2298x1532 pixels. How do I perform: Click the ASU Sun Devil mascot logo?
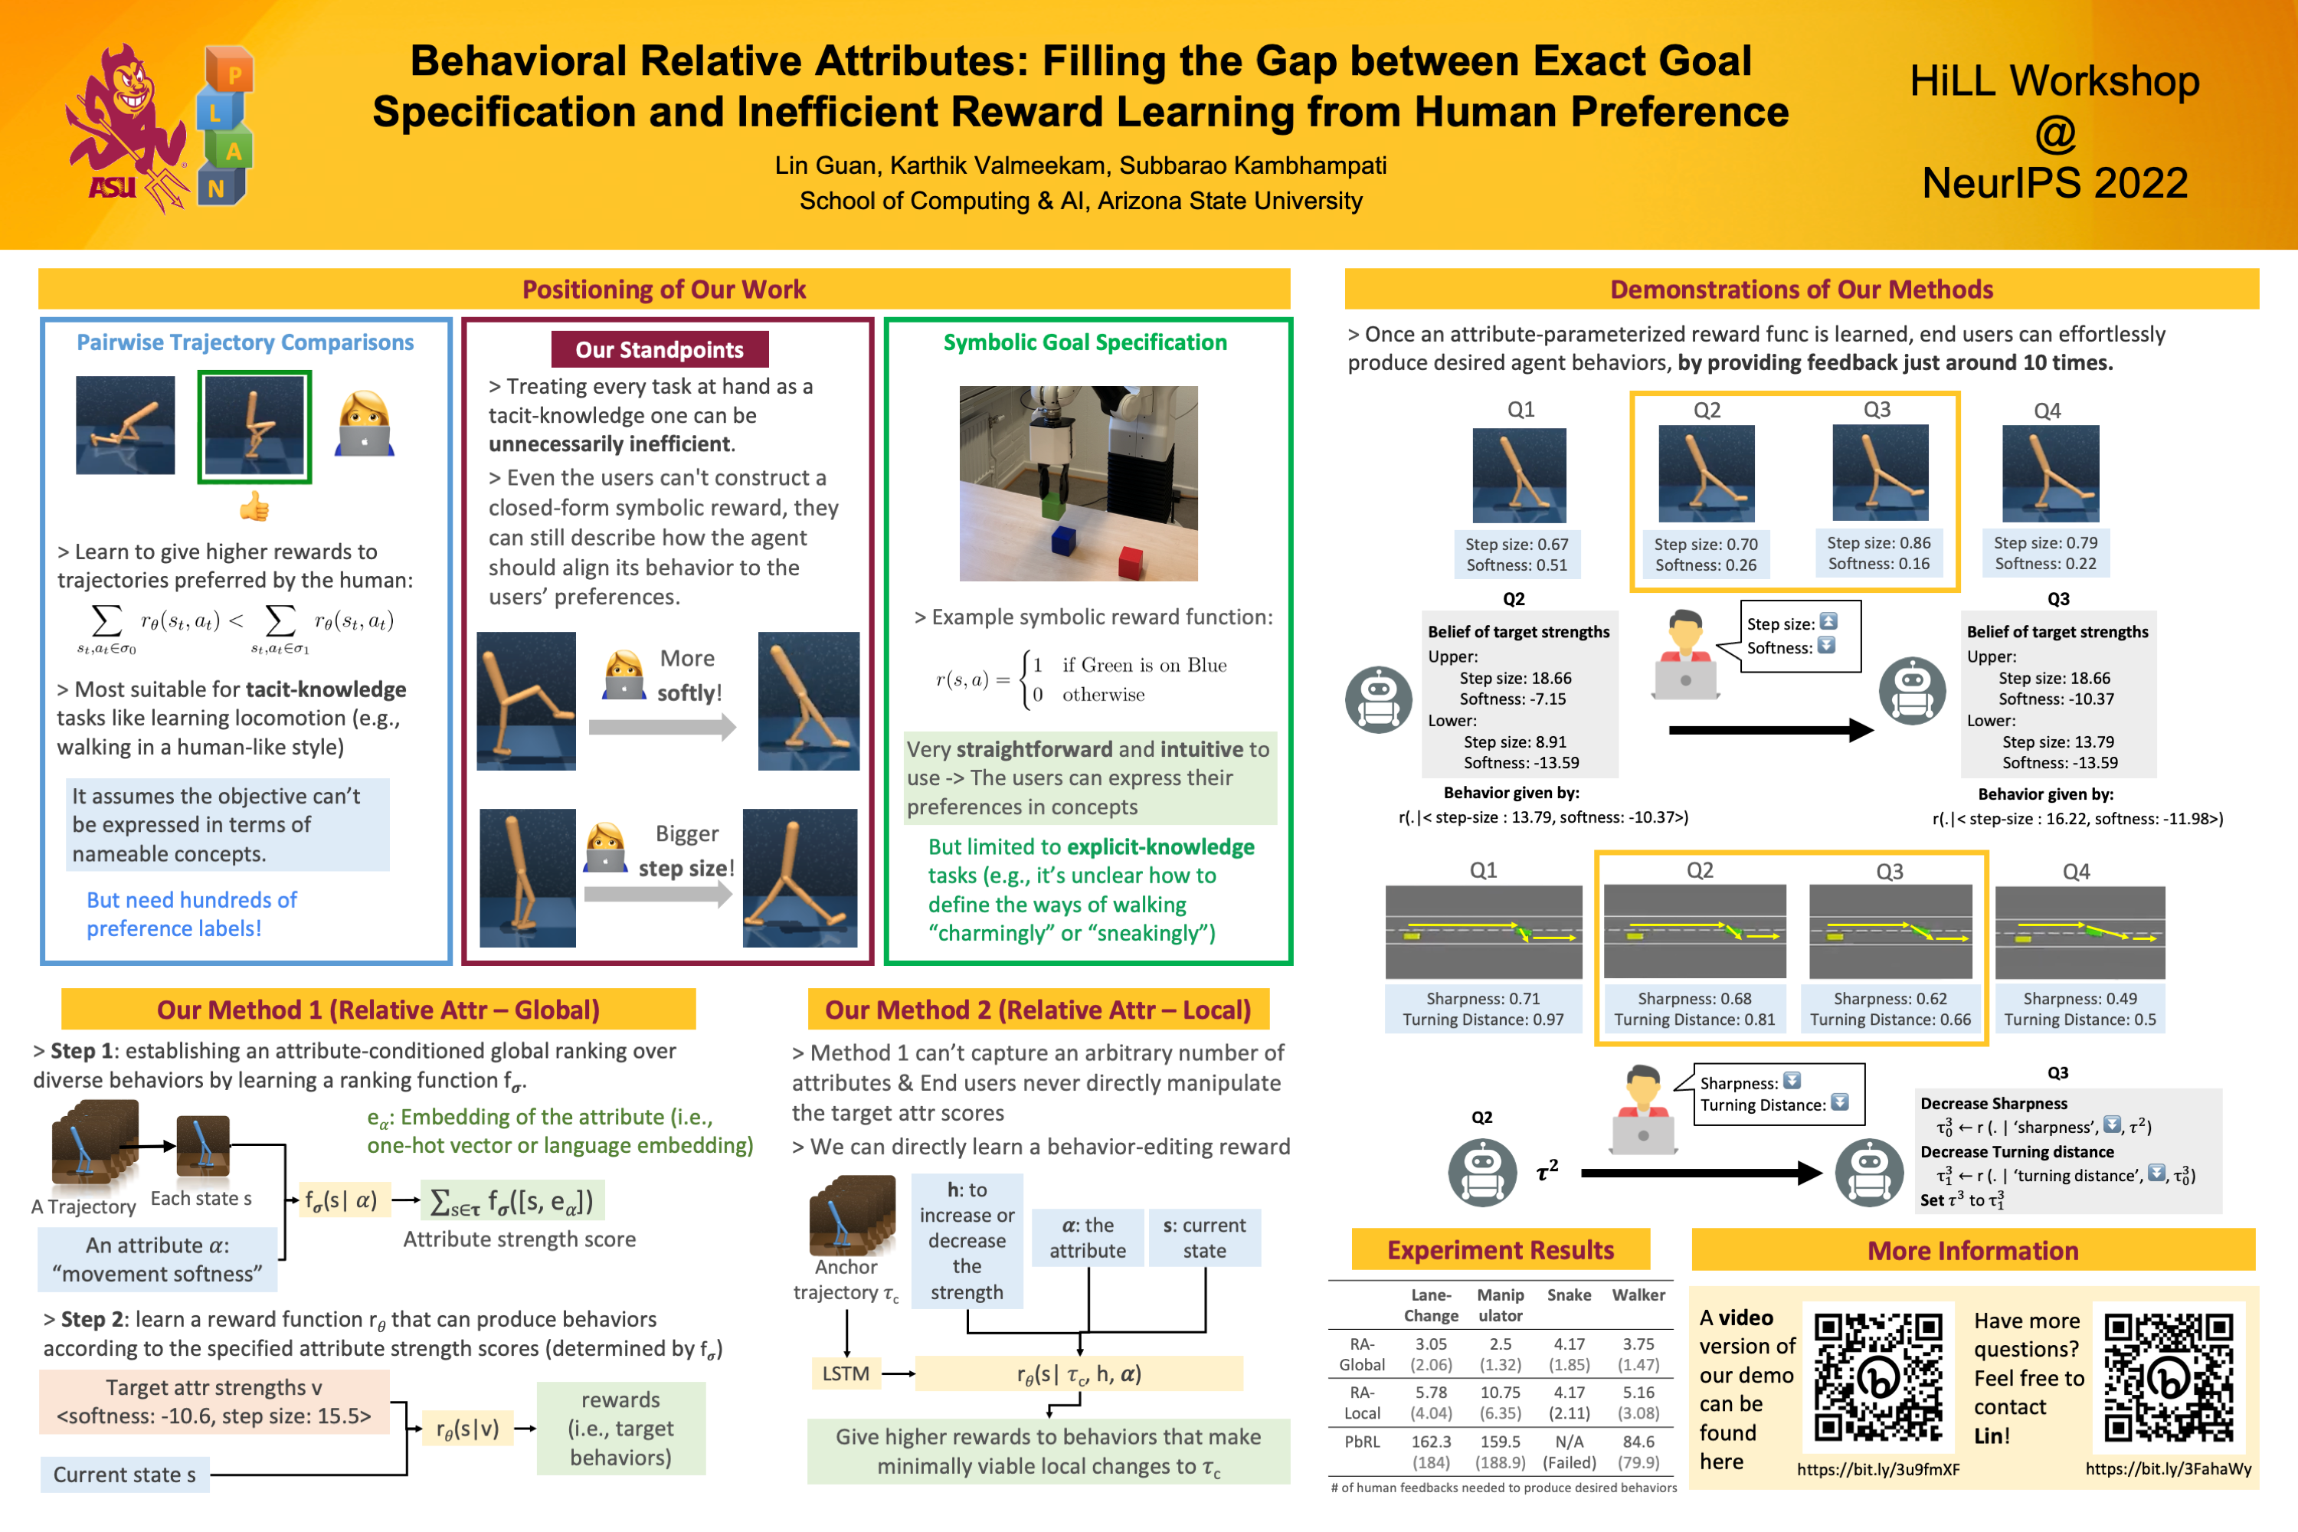coord(127,127)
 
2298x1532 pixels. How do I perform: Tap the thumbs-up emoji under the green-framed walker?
coord(254,506)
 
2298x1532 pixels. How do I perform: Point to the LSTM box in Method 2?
coord(845,1373)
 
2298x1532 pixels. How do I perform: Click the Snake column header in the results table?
coord(1568,1295)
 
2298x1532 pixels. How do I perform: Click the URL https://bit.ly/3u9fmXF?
coord(1878,1469)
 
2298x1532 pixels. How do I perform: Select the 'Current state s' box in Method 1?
coord(124,1475)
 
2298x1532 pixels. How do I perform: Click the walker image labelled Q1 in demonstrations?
coord(1518,475)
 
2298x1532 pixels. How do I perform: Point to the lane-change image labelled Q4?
coord(2079,932)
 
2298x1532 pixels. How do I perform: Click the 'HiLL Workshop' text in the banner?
coord(2054,81)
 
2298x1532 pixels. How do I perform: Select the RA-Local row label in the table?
coord(1362,1402)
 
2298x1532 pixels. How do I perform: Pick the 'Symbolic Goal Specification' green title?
coord(1085,342)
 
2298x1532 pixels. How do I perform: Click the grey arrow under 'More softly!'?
coord(662,726)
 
